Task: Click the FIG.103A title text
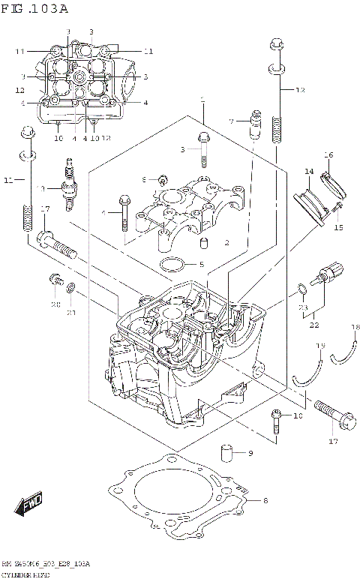click(x=35, y=9)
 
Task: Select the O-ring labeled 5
click(x=172, y=264)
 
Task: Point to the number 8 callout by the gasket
click(x=265, y=499)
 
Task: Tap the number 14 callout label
click(x=308, y=172)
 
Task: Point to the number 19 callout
click(x=320, y=346)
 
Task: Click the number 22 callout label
click(x=313, y=324)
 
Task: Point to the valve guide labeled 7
click(x=255, y=123)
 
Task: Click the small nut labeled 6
click(x=162, y=178)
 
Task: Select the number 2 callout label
click(x=226, y=242)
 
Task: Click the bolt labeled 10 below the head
click(x=277, y=423)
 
